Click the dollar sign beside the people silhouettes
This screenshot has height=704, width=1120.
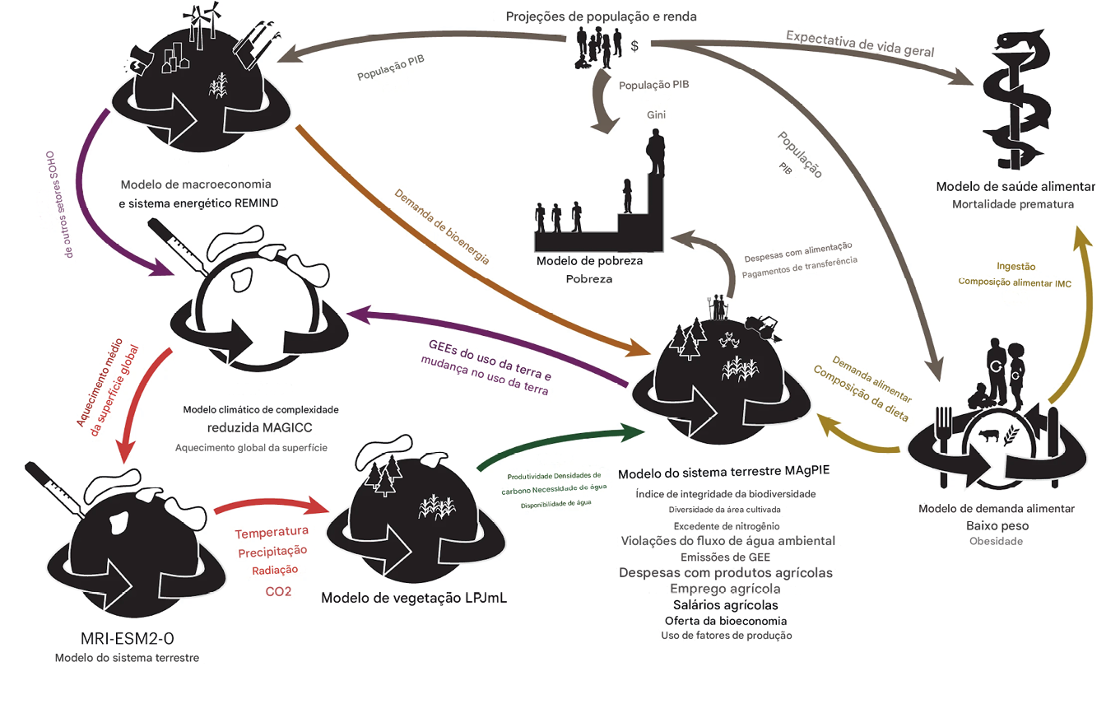tap(634, 46)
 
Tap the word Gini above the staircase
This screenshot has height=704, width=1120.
tap(656, 115)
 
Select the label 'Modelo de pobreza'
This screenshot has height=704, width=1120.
tap(589, 261)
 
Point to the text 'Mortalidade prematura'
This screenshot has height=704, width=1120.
tap(1013, 203)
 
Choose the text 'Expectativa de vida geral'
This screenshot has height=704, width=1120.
tap(860, 44)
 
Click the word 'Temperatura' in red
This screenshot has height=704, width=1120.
tap(272, 532)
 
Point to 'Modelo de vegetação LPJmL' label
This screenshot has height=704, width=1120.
tap(414, 598)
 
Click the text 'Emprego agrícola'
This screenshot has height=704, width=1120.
tap(725, 589)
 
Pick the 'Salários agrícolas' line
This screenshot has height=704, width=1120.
tap(725, 605)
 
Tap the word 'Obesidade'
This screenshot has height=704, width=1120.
tap(996, 541)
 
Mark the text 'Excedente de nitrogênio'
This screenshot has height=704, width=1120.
tap(726, 525)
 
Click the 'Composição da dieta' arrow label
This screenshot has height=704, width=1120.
tap(860, 394)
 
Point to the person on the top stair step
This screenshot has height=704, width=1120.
tap(656, 153)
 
